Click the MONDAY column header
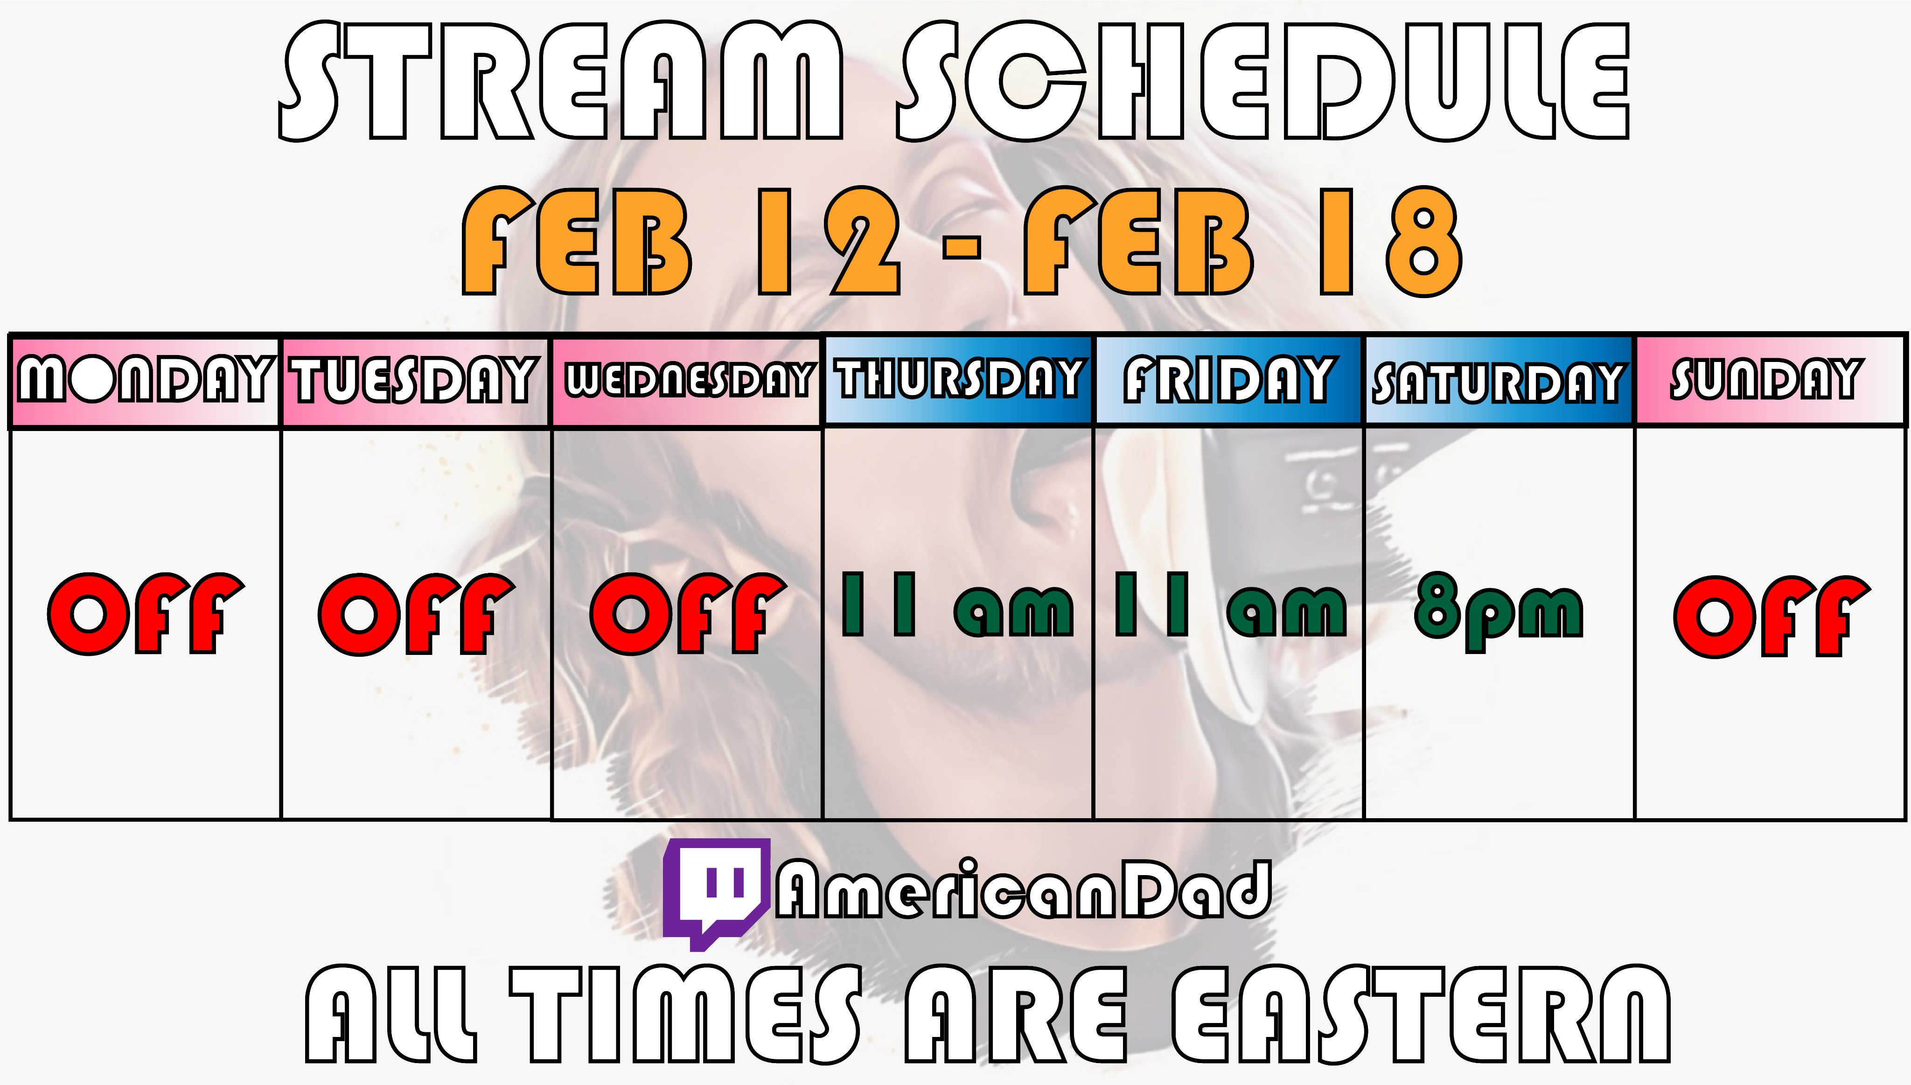pos(144,379)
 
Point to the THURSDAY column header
pos(958,378)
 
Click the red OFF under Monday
pos(146,614)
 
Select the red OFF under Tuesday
pos(417,614)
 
